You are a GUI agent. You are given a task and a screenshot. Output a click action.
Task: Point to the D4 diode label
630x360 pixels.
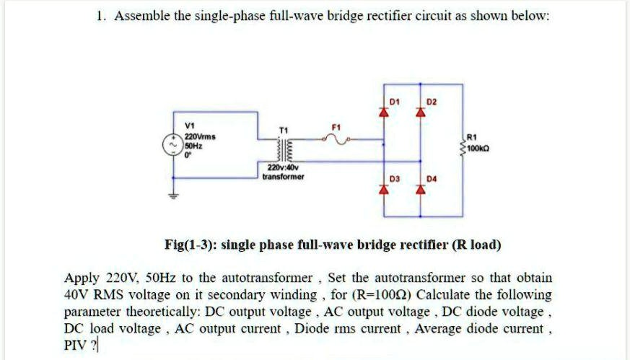point(432,177)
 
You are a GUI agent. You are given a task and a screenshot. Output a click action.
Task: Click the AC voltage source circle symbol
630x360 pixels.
point(173,145)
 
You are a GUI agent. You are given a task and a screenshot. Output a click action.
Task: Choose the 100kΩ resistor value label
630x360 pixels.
point(479,149)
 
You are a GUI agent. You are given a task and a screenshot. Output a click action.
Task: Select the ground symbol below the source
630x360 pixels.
point(173,193)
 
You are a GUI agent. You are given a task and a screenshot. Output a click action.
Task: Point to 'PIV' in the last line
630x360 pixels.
point(75,343)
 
